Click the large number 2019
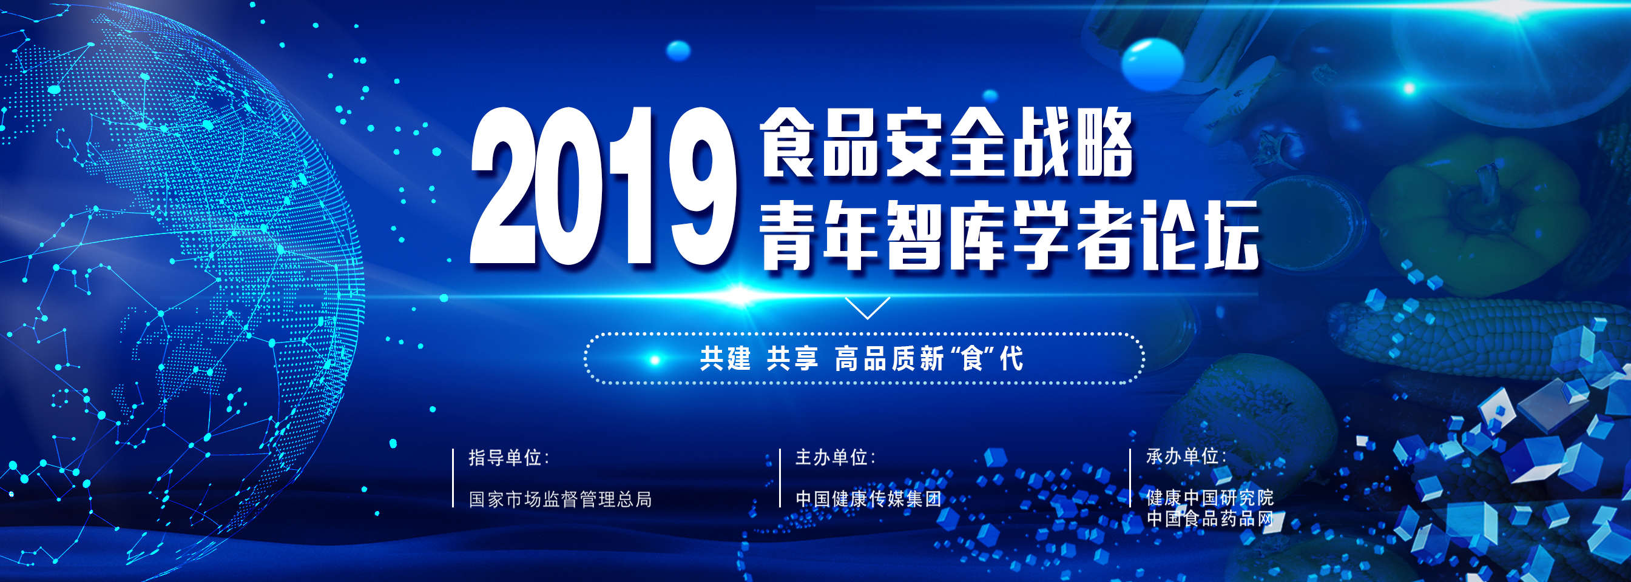(603, 186)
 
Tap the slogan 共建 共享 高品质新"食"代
(861, 359)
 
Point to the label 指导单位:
(508, 457)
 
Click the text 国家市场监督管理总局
(560, 499)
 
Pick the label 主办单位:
(835, 457)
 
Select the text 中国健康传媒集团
(868, 499)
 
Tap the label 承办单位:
(1186, 456)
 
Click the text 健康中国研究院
(1210, 497)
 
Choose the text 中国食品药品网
(1210, 519)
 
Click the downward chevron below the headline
(868, 308)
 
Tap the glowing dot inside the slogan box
(655, 360)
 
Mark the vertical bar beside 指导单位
(453, 478)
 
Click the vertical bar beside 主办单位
(780, 478)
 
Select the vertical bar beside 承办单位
(1131, 478)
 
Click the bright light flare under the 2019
(739, 295)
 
